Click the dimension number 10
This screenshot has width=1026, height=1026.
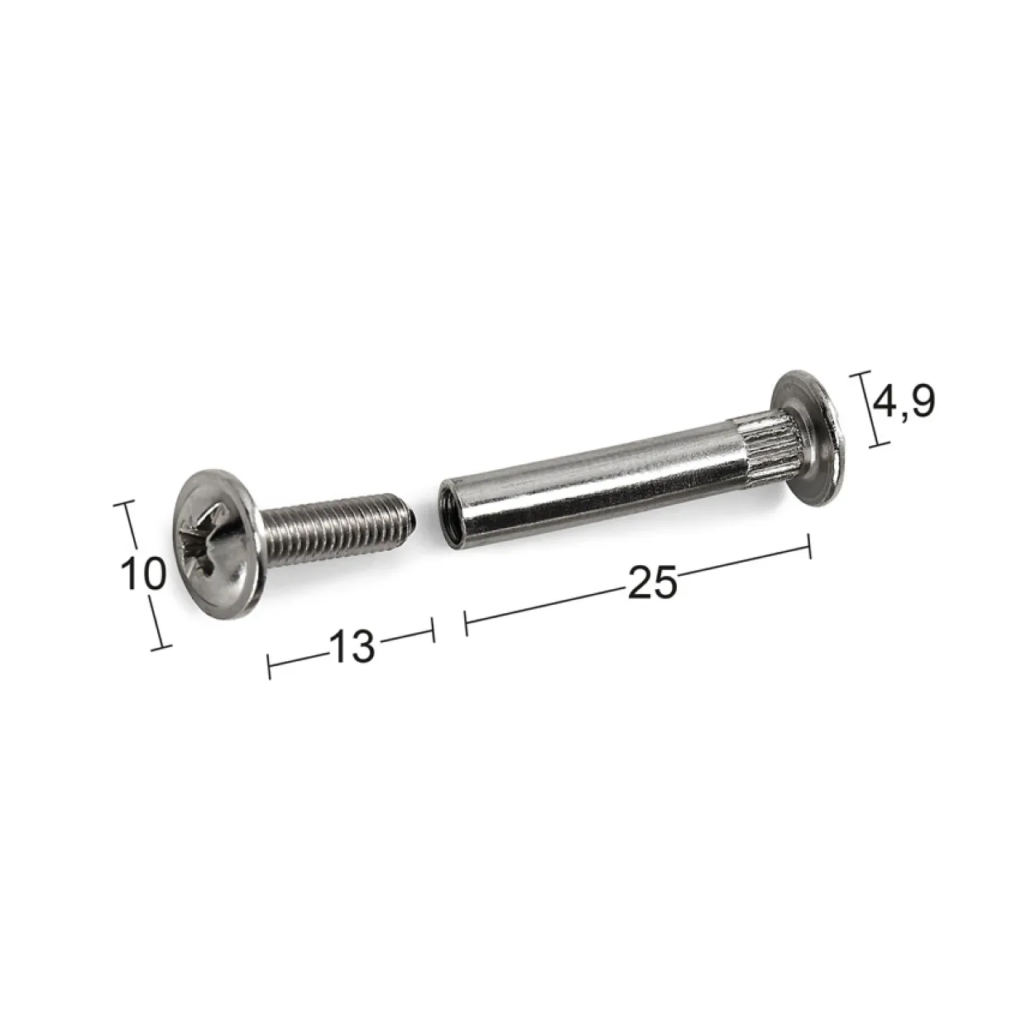pyautogui.click(x=143, y=573)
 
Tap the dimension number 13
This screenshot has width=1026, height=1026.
pyautogui.click(x=352, y=646)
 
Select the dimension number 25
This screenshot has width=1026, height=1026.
pyautogui.click(x=652, y=582)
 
